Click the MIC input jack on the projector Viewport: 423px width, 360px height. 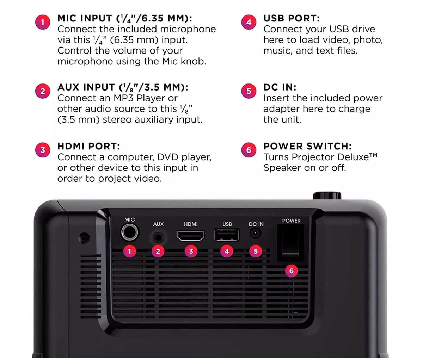129,232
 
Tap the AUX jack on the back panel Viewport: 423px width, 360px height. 158,237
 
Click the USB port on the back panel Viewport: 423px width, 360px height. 227,235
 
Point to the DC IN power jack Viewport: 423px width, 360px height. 255,233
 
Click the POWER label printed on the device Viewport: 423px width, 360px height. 291,221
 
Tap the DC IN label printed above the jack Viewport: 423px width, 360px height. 256,224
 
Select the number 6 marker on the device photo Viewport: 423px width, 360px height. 291,271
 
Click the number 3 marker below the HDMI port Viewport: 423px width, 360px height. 191,251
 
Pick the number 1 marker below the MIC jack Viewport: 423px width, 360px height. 129,251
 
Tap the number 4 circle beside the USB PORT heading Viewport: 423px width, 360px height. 249,22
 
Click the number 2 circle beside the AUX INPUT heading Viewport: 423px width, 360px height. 43,91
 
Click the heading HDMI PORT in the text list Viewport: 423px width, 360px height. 89,146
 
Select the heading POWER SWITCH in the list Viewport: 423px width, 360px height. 308,146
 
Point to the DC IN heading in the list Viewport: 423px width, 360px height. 280,87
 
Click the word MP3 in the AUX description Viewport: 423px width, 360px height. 123,98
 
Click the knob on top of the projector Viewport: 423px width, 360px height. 327,195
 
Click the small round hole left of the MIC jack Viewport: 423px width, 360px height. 84,238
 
